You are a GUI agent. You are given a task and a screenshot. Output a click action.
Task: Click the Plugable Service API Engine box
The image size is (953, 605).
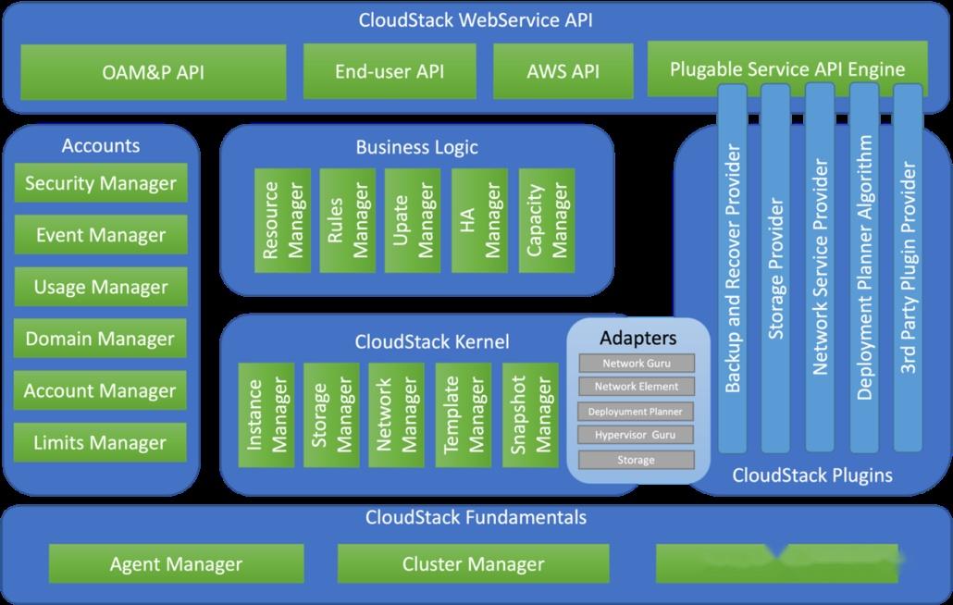[786, 68]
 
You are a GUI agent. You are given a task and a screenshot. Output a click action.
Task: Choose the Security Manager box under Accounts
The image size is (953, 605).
[101, 183]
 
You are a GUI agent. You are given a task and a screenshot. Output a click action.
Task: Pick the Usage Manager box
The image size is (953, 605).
[101, 287]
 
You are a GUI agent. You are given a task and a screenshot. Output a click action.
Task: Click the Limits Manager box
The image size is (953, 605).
[101, 443]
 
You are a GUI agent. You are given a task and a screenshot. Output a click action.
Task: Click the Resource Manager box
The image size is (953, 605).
[282, 220]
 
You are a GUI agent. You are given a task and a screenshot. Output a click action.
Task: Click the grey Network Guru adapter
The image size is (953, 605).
[637, 364]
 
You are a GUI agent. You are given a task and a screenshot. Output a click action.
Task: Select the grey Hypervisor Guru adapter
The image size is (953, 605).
[637, 435]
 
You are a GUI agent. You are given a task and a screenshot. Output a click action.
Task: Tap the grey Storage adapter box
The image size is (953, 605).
[637, 460]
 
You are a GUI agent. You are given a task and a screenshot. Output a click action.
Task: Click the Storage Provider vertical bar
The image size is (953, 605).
[775, 268]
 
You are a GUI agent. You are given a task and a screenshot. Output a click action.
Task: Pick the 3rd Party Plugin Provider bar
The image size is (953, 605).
[909, 268]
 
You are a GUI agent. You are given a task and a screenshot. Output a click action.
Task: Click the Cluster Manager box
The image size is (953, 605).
[473, 563]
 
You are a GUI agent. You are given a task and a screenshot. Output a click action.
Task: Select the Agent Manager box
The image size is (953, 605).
[176, 563]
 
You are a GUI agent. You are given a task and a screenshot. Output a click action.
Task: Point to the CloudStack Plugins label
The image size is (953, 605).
[812, 475]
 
